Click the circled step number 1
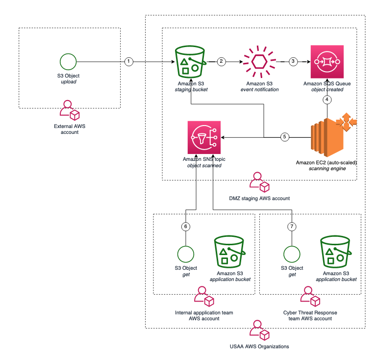pos(128,62)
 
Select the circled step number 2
pos(221,62)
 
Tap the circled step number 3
pos(293,62)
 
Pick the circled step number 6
pos(185,227)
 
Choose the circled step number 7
pos(292,227)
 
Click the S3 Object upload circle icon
pos(68,62)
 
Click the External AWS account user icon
pos(68,111)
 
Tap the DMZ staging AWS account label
pos(260,199)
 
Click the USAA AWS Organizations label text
pos(259,346)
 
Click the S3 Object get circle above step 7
pos(292,254)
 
